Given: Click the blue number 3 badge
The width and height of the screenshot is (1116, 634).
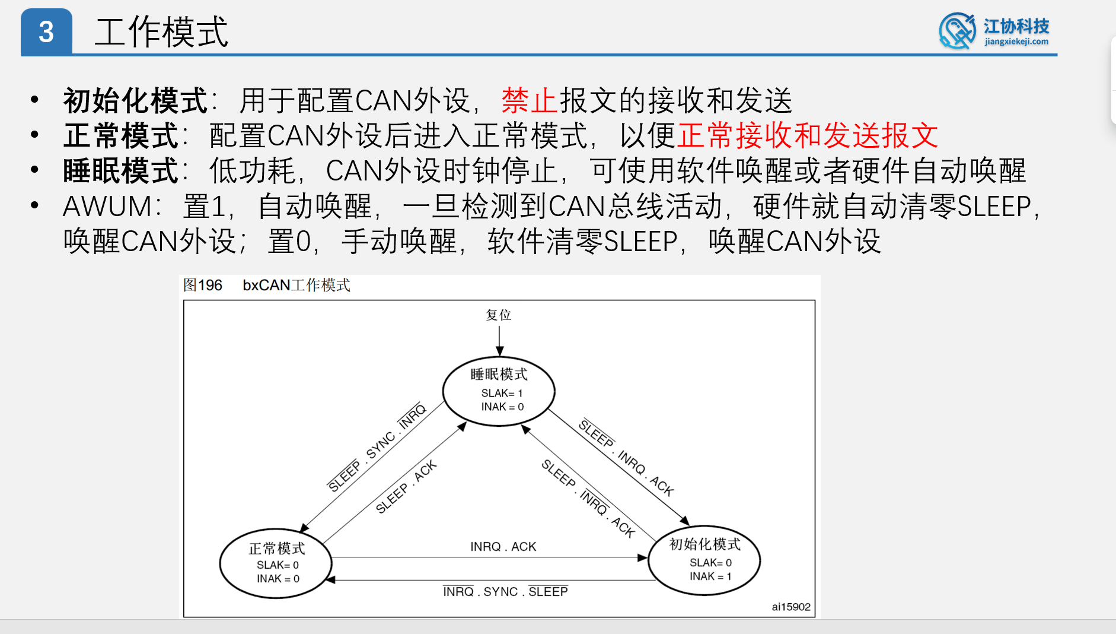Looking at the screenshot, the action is tap(46, 32).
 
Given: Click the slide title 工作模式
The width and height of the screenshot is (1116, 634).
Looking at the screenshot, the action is tap(161, 32).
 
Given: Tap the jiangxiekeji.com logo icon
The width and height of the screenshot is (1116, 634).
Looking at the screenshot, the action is tap(956, 31).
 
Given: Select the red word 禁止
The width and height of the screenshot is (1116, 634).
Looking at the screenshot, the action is tap(530, 100).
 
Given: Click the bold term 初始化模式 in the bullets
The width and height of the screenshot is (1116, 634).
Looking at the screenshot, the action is tap(135, 100).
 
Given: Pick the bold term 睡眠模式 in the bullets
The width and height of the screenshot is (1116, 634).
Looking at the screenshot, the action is tap(121, 171).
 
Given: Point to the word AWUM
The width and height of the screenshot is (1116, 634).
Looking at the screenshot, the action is tap(107, 207).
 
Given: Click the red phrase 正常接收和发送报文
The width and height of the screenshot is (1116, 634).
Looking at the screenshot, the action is tap(807, 136).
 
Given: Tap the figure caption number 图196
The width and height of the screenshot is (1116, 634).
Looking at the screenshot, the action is tap(202, 286).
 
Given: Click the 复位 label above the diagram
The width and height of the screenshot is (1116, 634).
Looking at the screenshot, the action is tap(498, 315).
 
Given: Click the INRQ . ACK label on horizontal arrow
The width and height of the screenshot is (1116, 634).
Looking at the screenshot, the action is tap(503, 547).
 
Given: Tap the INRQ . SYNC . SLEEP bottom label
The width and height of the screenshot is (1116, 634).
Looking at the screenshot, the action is tap(505, 592).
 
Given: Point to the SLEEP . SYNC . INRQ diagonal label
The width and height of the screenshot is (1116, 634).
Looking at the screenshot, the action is tap(377, 448).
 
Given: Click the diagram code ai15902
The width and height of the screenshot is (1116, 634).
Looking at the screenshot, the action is tap(790, 607).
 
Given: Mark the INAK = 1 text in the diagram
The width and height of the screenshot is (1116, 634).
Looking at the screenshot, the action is tap(710, 576).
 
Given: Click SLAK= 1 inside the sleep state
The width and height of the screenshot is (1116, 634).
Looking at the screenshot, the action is tap(502, 393).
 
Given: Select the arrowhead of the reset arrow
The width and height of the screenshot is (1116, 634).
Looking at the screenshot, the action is tap(500, 351).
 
